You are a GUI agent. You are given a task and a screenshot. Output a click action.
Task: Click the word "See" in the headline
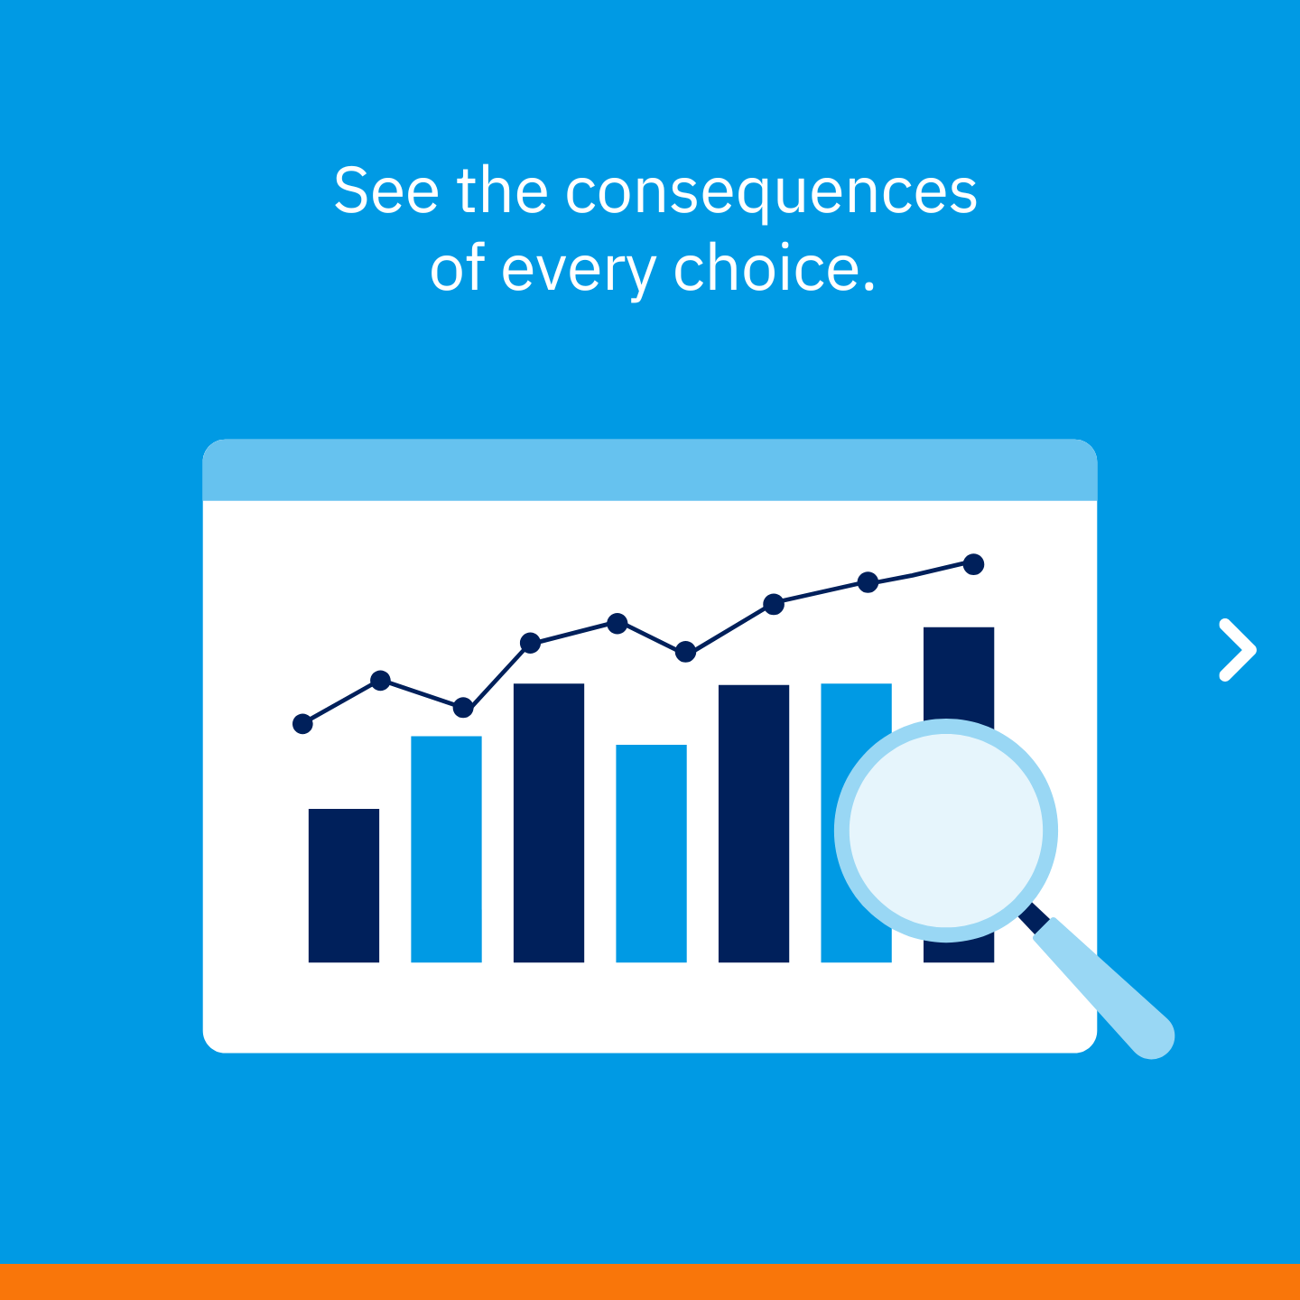tap(385, 190)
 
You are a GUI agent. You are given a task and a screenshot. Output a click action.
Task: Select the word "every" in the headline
tap(578, 271)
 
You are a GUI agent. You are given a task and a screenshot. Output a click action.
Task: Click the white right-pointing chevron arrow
tap(1238, 650)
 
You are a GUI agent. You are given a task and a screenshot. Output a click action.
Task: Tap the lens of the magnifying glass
tap(946, 831)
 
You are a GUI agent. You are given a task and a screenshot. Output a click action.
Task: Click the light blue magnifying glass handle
tap(1104, 989)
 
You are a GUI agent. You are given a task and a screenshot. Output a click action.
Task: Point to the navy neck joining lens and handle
tap(1033, 918)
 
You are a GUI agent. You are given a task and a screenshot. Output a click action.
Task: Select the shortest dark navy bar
tap(343, 885)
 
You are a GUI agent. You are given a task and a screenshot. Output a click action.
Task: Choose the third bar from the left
tap(549, 823)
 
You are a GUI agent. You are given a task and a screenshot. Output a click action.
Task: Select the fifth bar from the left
tap(754, 823)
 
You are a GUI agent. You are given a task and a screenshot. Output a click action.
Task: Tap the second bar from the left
tap(446, 850)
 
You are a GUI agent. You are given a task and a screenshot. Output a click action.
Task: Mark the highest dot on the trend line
tap(973, 564)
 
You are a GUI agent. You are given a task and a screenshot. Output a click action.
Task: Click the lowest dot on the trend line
tap(302, 724)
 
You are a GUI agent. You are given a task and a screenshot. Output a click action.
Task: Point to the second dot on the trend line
tap(380, 681)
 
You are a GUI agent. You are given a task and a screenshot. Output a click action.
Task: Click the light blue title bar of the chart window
tap(650, 470)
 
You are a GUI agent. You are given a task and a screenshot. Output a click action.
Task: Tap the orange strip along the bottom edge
tap(650, 1282)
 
